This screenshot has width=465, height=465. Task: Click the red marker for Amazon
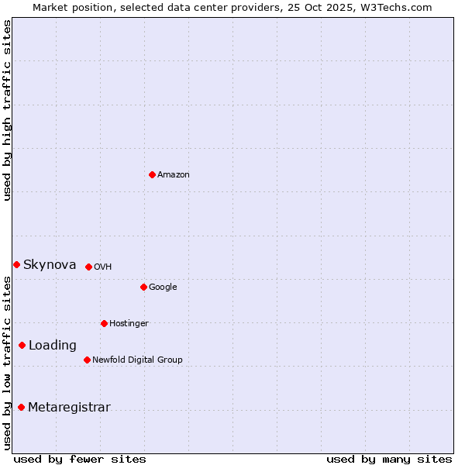point(152,174)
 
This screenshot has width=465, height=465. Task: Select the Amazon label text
point(174,175)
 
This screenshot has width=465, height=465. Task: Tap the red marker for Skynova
point(16,264)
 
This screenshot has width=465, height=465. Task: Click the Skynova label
point(50,265)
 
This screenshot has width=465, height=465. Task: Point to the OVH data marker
point(88,267)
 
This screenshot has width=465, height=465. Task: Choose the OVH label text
point(103,267)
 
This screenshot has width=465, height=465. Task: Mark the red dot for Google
point(143,287)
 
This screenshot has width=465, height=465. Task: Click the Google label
point(163,288)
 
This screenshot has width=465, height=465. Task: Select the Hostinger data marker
point(104,323)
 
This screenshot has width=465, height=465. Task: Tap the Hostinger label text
point(129,324)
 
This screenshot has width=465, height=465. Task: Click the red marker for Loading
point(22,345)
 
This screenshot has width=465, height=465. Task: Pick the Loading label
point(53,346)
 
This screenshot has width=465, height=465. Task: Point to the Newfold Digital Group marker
point(87,360)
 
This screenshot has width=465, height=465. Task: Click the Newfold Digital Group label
point(137,360)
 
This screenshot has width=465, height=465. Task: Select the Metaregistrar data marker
point(21,407)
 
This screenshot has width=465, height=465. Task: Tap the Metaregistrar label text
point(69,408)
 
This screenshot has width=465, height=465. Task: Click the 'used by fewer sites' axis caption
point(80,459)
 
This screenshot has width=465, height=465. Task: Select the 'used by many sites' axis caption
point(389,459)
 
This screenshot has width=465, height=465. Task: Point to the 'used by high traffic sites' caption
point(7,110)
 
